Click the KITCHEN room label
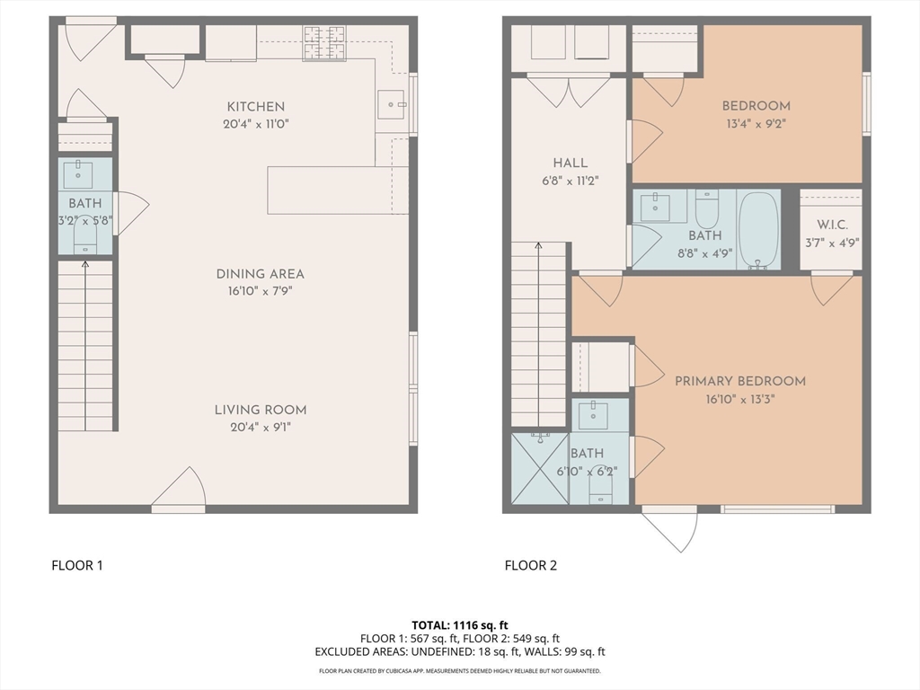[255, 107]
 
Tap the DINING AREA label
[260, 274]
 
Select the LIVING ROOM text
[260, 411]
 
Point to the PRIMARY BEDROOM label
[739, 381]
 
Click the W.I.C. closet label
[831, 225]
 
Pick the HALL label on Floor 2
[571, 164]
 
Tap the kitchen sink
[392, 105]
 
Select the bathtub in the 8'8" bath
[759, 230]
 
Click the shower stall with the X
[540, 468]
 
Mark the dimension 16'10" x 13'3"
[739, 399]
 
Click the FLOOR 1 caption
[76, 566]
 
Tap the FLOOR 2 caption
[530, 566]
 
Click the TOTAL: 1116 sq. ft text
[459, 624]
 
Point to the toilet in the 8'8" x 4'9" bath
[707, 208]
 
